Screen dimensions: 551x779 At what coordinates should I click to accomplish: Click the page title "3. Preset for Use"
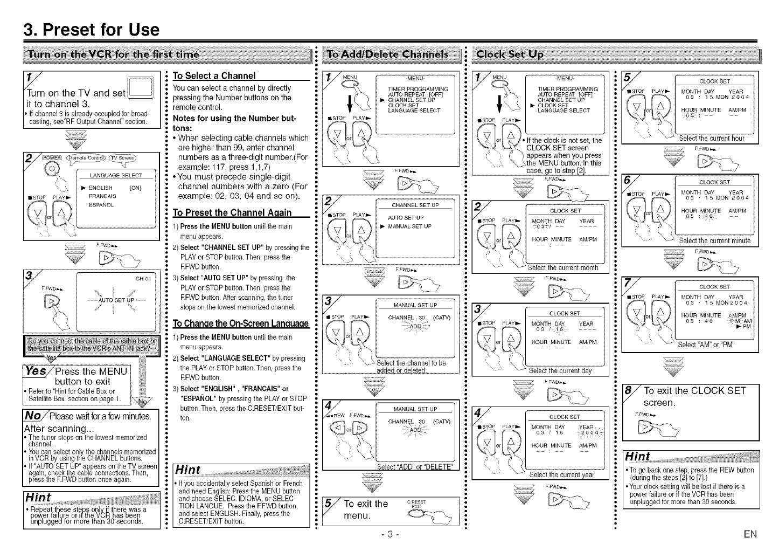92,29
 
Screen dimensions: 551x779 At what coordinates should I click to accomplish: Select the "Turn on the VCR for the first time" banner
114,54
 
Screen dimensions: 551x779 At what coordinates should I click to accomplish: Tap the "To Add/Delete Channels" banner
387,54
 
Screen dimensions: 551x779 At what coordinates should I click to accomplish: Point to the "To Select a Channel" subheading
214,75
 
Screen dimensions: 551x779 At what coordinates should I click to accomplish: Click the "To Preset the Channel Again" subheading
232,212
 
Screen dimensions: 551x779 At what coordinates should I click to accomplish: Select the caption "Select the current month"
562,268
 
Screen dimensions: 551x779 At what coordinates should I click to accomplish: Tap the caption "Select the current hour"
711,139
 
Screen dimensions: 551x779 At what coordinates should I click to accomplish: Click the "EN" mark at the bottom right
749,534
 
